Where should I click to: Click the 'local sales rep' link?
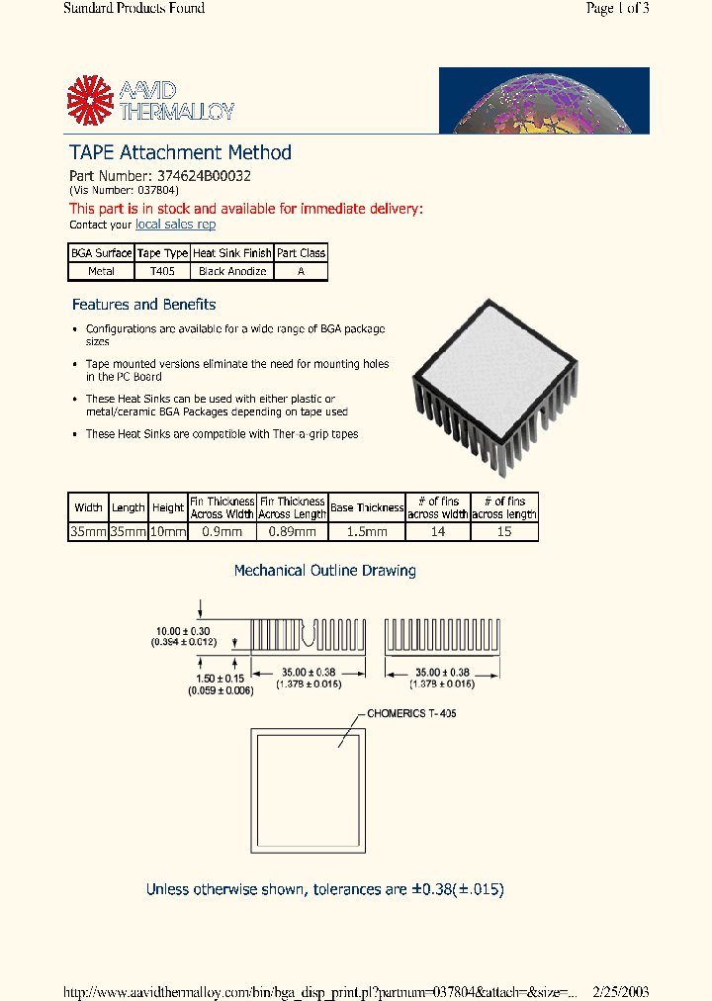pos(175,225)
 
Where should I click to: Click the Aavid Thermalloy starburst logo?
pos(91,101)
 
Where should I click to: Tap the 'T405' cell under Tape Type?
pos(161,271)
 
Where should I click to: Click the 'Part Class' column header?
pos(301,253)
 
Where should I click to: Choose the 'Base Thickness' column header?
pos(367,507)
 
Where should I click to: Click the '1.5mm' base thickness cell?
pos(367,532)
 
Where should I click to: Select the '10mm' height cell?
pos(168,532)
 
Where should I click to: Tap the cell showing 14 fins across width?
pos(437,532)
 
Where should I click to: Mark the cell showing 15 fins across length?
pos(504,532)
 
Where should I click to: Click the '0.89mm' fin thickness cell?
pos(293,532)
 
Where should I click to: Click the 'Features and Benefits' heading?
pos(143,305)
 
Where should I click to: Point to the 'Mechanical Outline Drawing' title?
pos(324,571)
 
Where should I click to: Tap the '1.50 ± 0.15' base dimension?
pos(221,679)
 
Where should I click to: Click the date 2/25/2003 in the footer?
pos(621,992)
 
